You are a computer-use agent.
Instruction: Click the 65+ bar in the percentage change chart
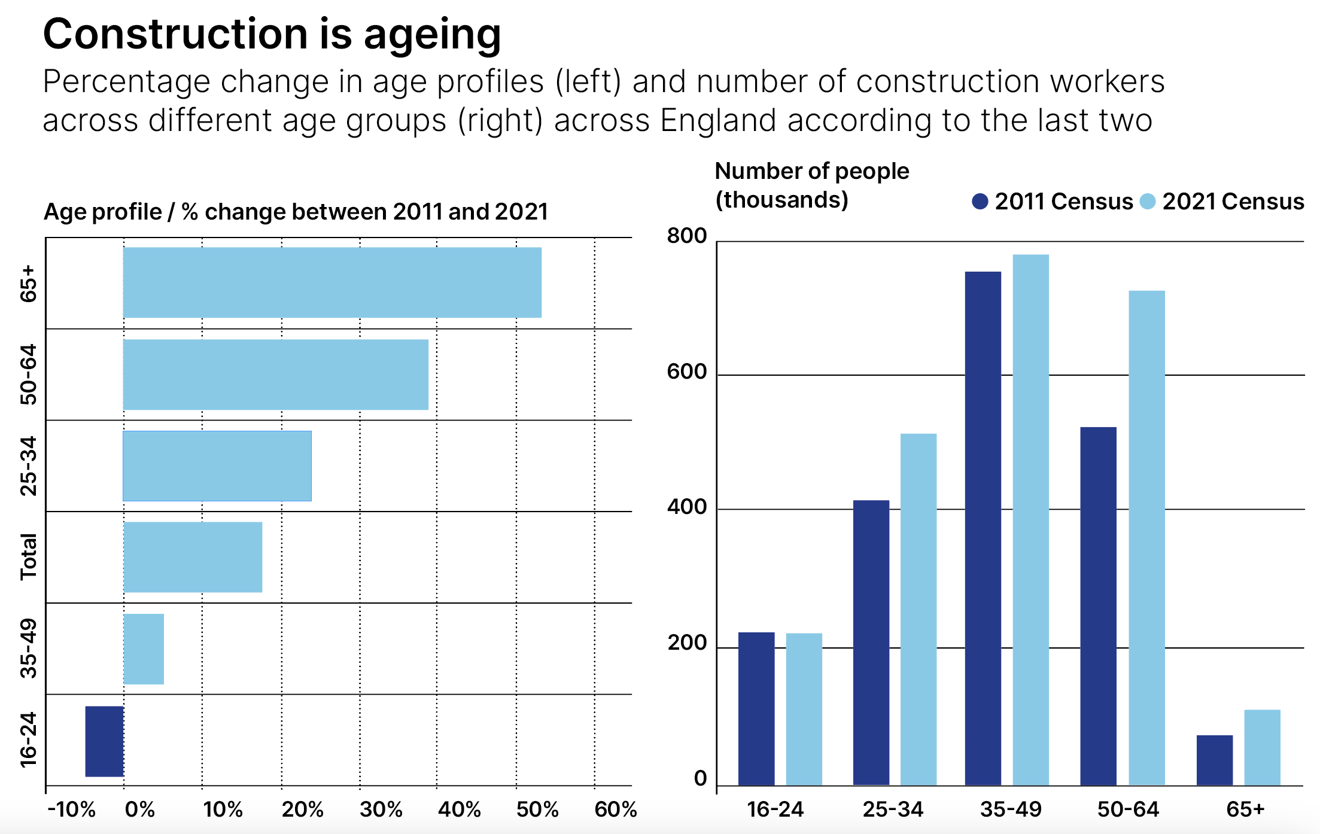pyautogui.click(x=332, y=282)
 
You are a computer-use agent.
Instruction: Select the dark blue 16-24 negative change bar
pyautogui.click(x=104, y=741)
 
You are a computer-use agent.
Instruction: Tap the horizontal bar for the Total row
pyautogui.click(x=193, y=557)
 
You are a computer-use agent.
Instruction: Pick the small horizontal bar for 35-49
pyautogui.click(x=144, y=649)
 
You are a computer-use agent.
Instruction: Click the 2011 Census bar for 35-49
pyautogui.click(x=983, y=528)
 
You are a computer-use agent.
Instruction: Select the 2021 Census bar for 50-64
pyautogui.click(x=1146, y=538)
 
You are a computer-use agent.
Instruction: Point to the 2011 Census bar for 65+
pyautogui.click(x=1214, y=760)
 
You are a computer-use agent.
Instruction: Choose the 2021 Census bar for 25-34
pyautogui.click(x=918, y=609)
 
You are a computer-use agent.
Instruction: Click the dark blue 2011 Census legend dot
pyautogui.click(x=980, y=202)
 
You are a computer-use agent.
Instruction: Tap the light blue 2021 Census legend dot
pyautogui.click(x=1147, y=202)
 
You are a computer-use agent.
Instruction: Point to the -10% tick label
pyautogui.click(x=71, y=809)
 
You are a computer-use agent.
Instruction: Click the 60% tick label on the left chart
pyautogui.click(x=615, y=809)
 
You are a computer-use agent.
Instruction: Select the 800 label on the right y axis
pyautogui.click(x=687, y=236)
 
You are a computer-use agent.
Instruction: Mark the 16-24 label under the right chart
pyautogui.click(x=775, y=809)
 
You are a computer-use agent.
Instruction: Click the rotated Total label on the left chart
pyautogui.click(x=28, y=557)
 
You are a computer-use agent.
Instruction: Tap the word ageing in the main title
pyautogui.click(x=432, y=35)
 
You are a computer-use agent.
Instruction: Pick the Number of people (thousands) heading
pyautogui.click(x=811, y=185)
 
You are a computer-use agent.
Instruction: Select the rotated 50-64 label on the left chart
pyautogui.click(x=28, y=375)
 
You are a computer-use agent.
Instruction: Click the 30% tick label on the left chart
pyautogui.click(x=381, y=809)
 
